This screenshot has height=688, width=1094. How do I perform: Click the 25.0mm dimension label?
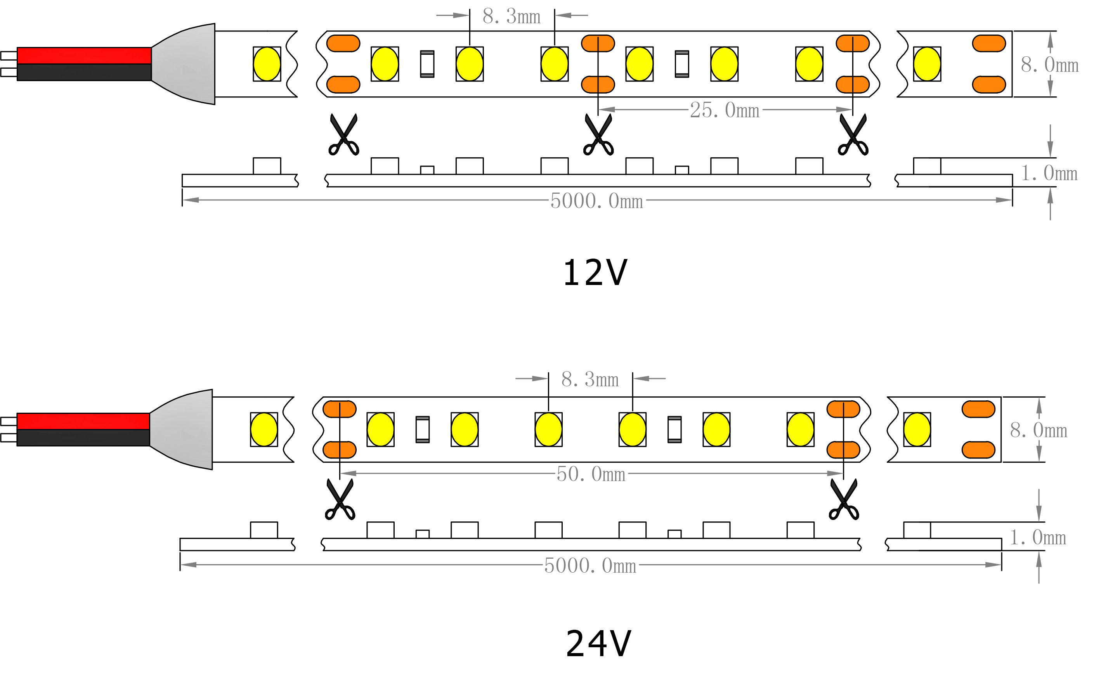tap(724, 110)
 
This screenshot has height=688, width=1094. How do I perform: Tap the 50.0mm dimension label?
tap(591, 474)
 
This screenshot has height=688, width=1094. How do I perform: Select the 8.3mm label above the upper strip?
tap(511, 17)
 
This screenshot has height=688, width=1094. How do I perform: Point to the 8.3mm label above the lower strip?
tap(590, 379)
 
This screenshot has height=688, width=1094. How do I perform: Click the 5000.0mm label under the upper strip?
tap(596, 200)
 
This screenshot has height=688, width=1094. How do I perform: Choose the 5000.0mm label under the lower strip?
tap(590, 565)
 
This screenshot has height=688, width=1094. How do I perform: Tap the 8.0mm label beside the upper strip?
tap(1049, 65)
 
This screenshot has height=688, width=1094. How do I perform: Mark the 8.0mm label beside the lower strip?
tap(1038, 430)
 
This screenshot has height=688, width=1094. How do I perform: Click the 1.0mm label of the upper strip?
tap(1049, 173)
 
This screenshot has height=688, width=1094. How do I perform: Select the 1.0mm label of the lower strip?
tap(1038, 538)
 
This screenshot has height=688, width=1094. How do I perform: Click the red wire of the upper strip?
tap(84, 56)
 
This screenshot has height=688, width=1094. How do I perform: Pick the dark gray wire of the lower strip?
tap(83, 438)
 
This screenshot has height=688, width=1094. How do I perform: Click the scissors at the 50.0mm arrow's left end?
tap(340, 499)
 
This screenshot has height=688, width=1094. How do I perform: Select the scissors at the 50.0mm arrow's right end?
tap(844, 499)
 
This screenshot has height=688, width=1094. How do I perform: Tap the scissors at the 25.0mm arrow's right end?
tap(853, 135)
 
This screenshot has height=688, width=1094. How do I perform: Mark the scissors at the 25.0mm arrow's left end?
tap(598, 135)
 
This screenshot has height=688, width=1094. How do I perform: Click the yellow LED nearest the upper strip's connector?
tap(267, 64)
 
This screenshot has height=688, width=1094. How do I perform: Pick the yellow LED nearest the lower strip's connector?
tap(264, 429)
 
